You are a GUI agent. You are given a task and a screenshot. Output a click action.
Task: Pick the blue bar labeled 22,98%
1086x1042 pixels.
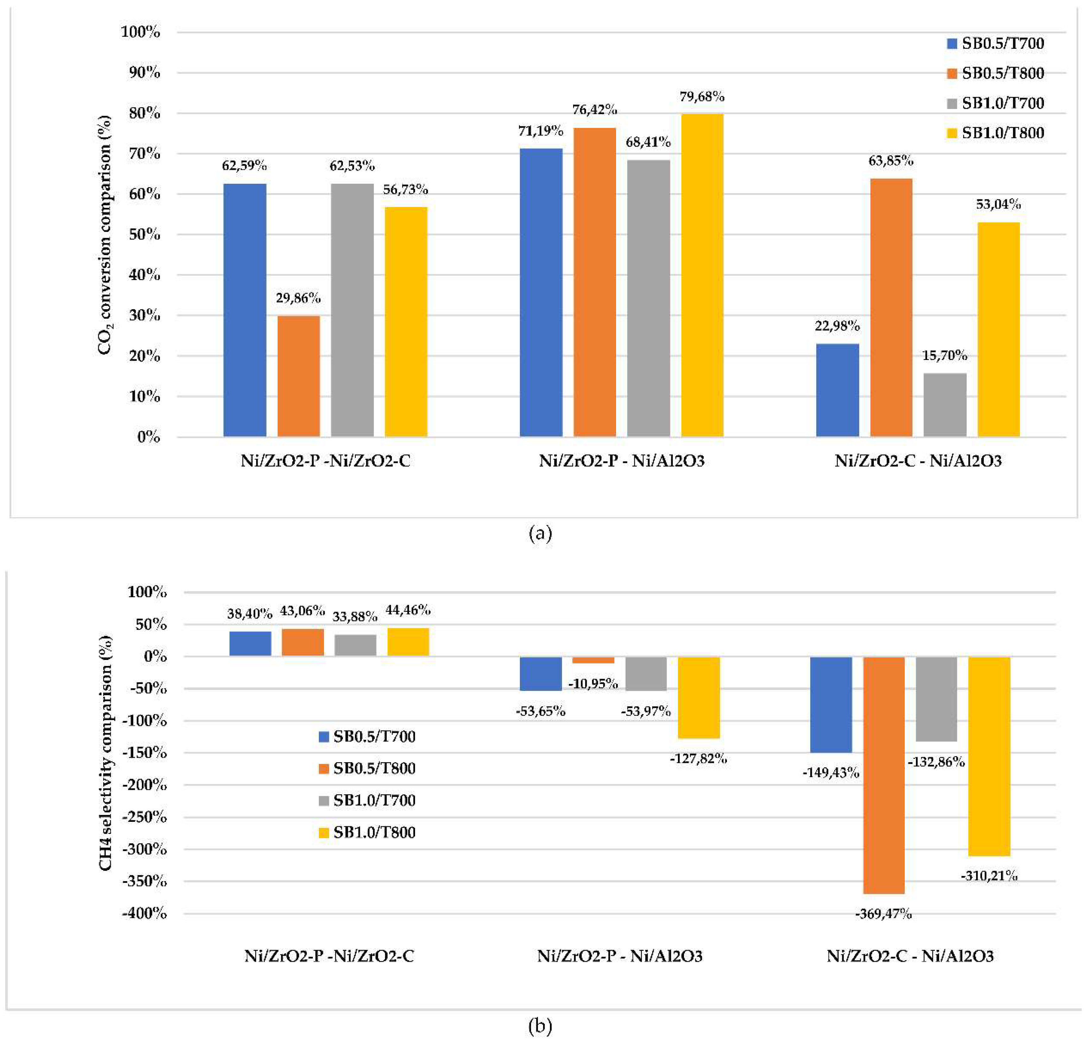[x=837, y=390]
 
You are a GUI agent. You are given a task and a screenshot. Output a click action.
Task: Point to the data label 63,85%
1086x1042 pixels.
[x=890, y=161]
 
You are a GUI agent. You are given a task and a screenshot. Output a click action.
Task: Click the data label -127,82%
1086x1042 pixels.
[x=698, y=759]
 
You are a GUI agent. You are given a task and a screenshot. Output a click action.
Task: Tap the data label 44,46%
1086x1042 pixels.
[x=408, y=610]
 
